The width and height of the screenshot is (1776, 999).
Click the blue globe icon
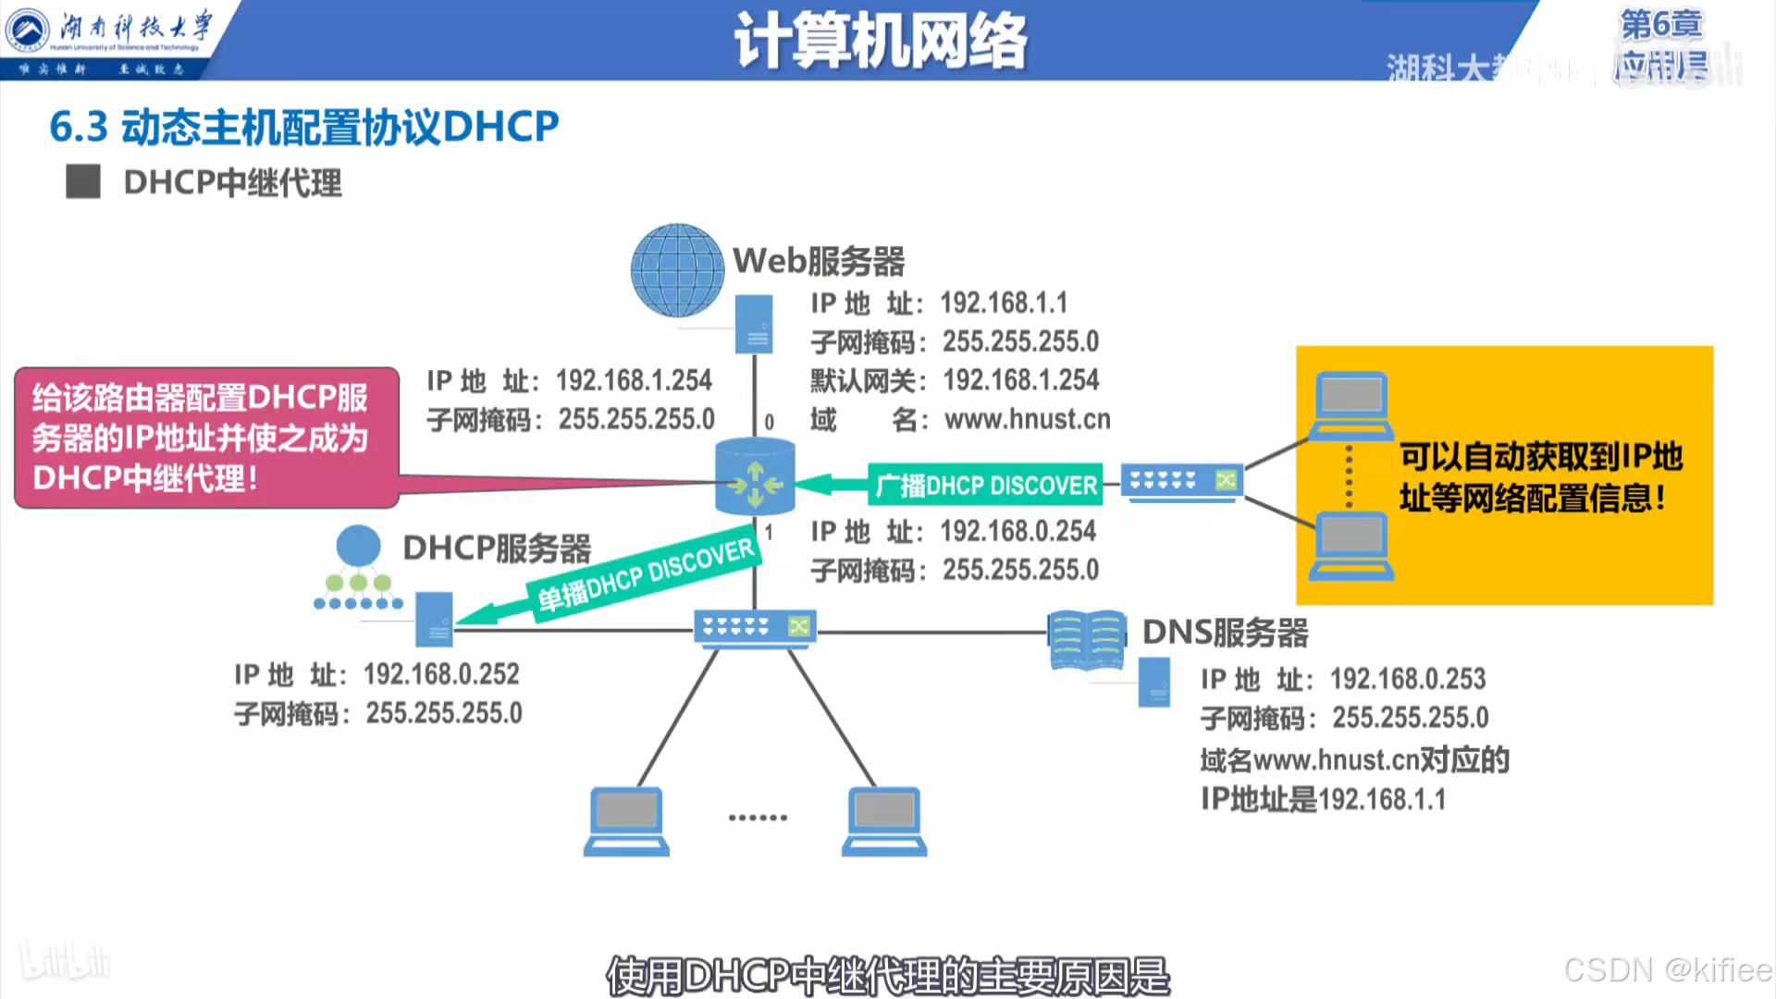pyautogui.click(x=677, y=270)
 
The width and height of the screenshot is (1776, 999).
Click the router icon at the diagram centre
pyautogui.click(x=755, y=478)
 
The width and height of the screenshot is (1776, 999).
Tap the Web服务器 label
pyautogui.click(x=819, y=262)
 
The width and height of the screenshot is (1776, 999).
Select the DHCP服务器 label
pyautogui.click(x=497, y=549)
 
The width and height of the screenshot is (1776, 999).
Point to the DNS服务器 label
pyautogui.click(x=1225, y=633)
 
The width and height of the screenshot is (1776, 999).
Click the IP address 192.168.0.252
pyautogui.click(x=441, y=674)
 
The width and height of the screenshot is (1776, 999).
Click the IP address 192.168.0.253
pyautogui.click(x=1408, y=679)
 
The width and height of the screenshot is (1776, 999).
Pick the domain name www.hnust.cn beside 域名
pyautogui.click(x=1027, y=420)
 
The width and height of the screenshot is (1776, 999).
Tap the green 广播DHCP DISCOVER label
pyautogui.click(x=985, y=485)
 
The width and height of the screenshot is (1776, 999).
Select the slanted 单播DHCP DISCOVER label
pyautogui.click(x=646, y=576)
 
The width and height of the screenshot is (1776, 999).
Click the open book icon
pyautogui.click(x=1087, y=639)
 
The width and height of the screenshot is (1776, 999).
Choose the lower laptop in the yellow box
pyautogui.click(x=1351, y=546)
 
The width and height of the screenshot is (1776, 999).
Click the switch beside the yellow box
pyautogui.click(x=1182, y=482)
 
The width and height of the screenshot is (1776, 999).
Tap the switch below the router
pyautogui.click(x=755, y=628)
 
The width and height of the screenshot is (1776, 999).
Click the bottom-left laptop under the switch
pyautogui.click(x=626, y=820)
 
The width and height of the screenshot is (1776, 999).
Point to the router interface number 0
pyautogui.click(x=769, y=423)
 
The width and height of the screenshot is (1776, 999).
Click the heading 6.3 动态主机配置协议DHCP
pyautogui.click(x=303, y=127)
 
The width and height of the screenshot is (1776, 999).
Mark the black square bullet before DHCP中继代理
pyautogui.click(x=83, y=182)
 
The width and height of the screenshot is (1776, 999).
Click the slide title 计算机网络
pyautogui.click(x=880, y=42)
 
